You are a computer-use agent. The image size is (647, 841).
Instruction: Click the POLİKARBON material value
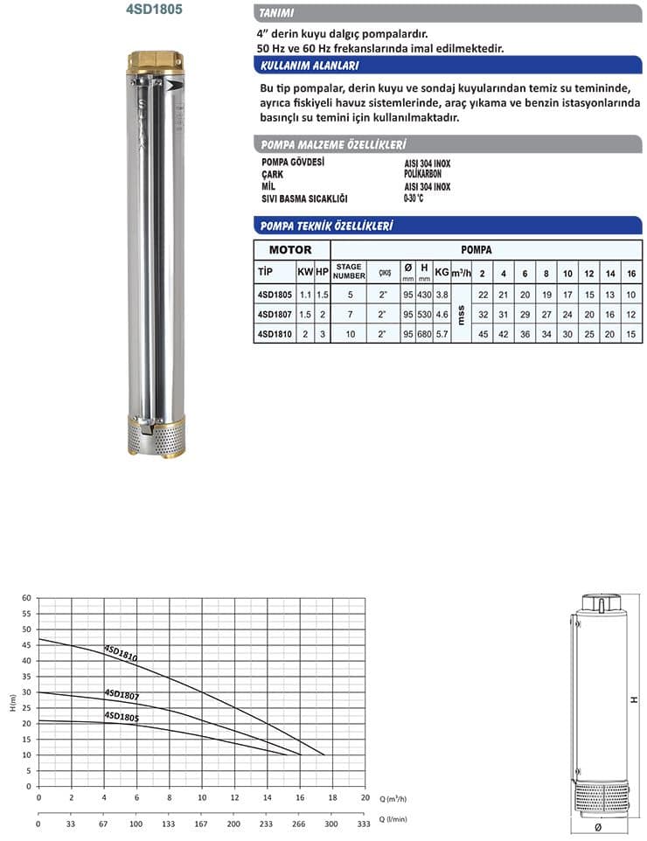pyautogui.click(x=423, y=175)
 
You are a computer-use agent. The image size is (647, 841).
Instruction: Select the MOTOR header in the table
pyautogui.click(x=290, y=249)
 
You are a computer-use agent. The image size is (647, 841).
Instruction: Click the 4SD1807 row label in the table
pyautogui.click(x=274, y=313)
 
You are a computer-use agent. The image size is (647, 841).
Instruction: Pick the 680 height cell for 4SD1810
pyautogui.click(x=425, y=334)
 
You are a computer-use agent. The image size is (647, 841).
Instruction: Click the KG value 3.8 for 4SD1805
pyautogui.click(x=442, y=294)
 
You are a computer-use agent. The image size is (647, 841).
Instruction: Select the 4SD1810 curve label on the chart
pyautogui.click(x=121, y=652)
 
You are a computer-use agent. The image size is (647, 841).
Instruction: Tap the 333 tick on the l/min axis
pyautogui.click(x=365, y=824)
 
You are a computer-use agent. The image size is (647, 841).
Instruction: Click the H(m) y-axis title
pyautogui.click(x=10, y=704)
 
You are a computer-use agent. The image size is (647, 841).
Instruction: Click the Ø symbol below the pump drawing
pyautogui.click(x=598, y=826)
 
